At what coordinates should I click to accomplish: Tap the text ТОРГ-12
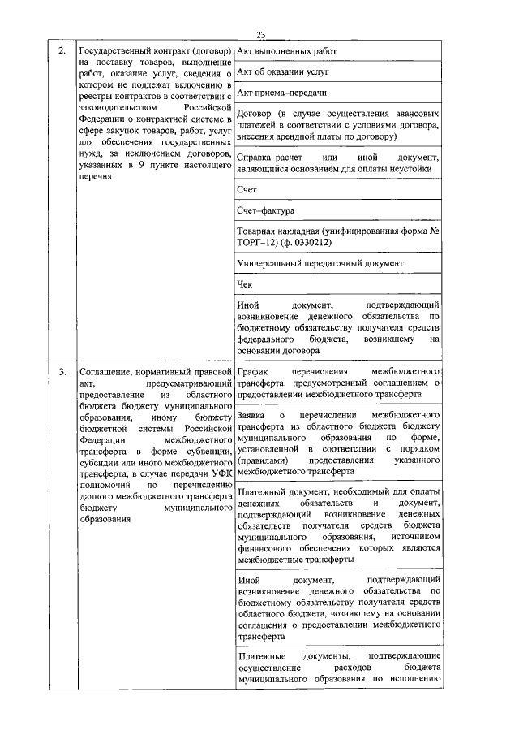click(257, 242)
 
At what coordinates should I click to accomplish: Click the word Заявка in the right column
click(254, 414)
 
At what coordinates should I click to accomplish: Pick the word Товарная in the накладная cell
click(259, 231)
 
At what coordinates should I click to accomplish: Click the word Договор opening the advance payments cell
click(255, 115)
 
